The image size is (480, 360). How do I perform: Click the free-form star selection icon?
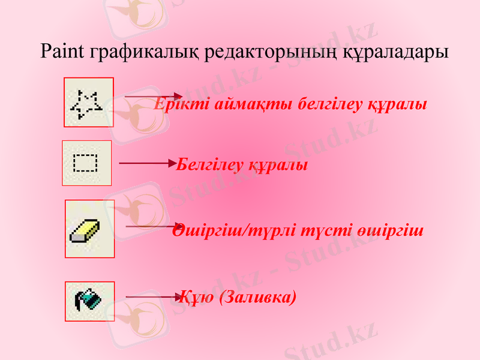[x=88, y=103]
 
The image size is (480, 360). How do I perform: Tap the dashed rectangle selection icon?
[x=86, y=163]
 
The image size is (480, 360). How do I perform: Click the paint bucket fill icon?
[x=89, y=298]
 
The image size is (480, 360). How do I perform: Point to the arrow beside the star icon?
[x=153, y=96]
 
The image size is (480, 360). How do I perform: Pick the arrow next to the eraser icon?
[x=150, y=226]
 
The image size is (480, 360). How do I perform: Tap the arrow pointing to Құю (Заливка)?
[x=153, y=296]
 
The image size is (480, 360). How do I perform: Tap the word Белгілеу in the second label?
[x=209, y=164]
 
